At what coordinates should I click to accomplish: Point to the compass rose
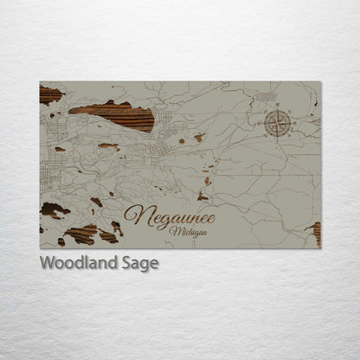[276, 122]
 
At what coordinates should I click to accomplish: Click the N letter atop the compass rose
[277, 109]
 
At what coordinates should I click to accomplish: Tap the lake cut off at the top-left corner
[50, 94]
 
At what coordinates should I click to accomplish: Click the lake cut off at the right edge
[316, 232]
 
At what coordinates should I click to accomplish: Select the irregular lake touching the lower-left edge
[54, 210]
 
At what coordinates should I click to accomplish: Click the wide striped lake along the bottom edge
[83, 235]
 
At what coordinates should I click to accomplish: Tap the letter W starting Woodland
[48, 264]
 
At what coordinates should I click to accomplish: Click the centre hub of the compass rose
[276, 123]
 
